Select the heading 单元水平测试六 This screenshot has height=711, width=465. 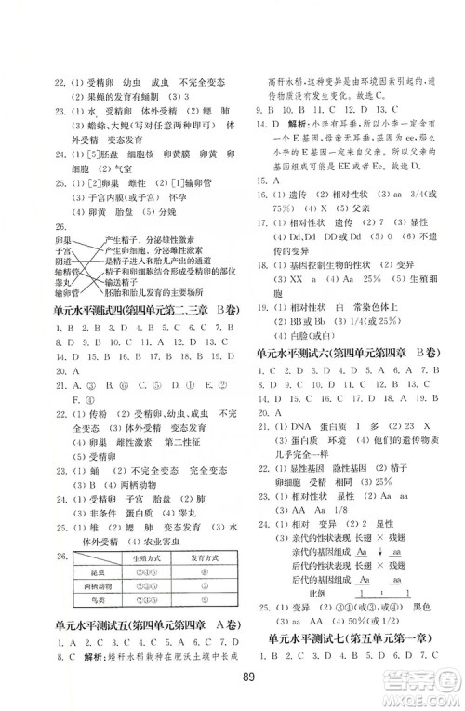(x=302, y=353)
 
